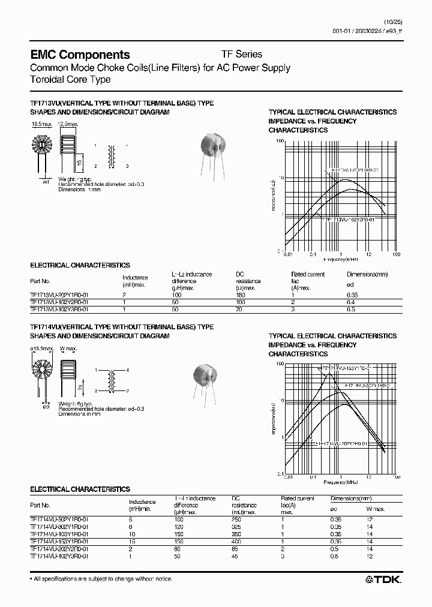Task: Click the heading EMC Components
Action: point(80,55)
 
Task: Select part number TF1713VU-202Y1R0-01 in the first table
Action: point(59,295)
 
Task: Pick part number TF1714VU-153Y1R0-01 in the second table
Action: point(59,542)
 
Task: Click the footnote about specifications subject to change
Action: point(101,579)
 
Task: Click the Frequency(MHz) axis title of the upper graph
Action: point(340,259)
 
